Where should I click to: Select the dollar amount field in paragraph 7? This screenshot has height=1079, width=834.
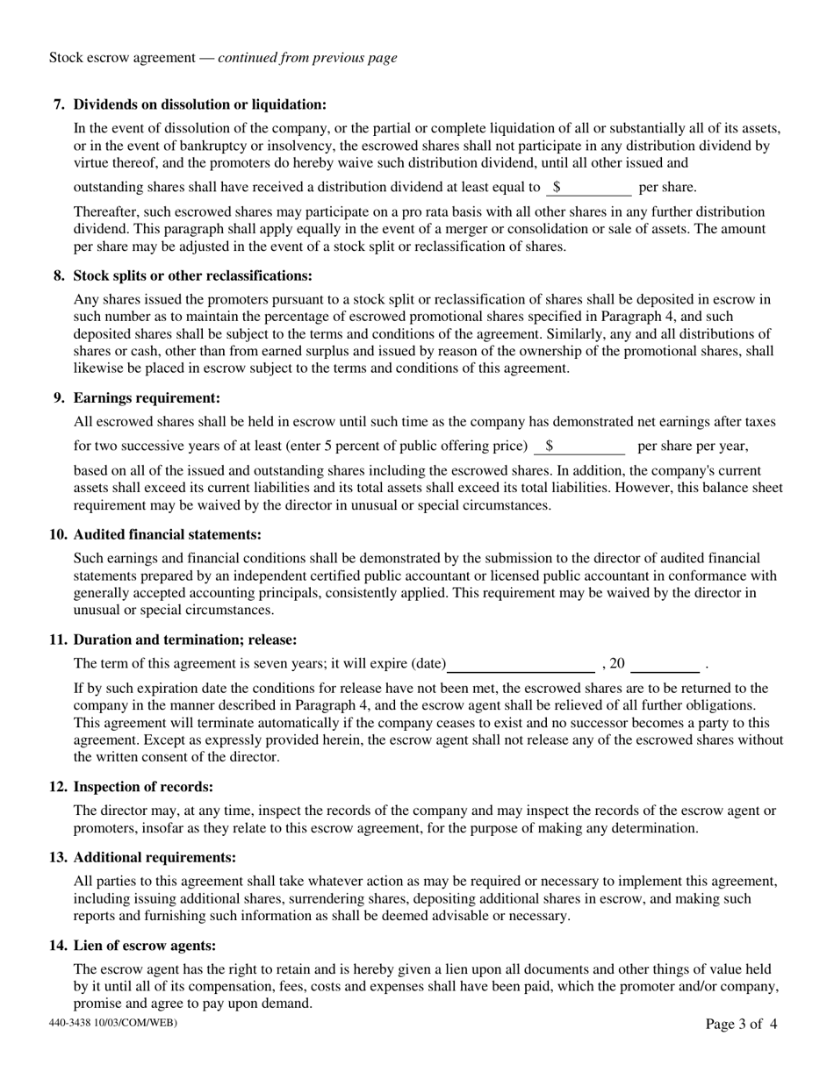coord(593,187)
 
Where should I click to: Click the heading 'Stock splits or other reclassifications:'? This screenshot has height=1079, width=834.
coord(192,275)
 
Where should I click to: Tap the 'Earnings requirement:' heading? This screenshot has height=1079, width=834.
coord(147,397)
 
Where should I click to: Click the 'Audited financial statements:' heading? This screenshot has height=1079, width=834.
coord(167,534)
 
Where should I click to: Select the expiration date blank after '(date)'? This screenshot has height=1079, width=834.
coord(521,664)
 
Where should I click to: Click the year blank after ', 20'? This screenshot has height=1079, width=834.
coord(665,664)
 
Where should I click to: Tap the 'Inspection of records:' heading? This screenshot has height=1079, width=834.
coord(143,787)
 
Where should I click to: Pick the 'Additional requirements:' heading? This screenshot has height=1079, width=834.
coord(155,857)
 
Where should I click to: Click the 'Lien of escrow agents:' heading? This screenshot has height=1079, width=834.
coord(145,945)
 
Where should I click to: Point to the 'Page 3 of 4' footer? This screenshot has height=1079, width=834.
coord(741,1024)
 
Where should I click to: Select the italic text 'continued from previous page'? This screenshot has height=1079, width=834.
coord(307,58)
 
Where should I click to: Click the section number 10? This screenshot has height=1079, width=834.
coord(58,534)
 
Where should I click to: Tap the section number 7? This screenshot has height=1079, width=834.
coord(60,104)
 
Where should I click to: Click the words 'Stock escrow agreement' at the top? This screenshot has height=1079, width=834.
coord(122,58)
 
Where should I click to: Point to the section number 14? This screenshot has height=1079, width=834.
coord(58,945)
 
